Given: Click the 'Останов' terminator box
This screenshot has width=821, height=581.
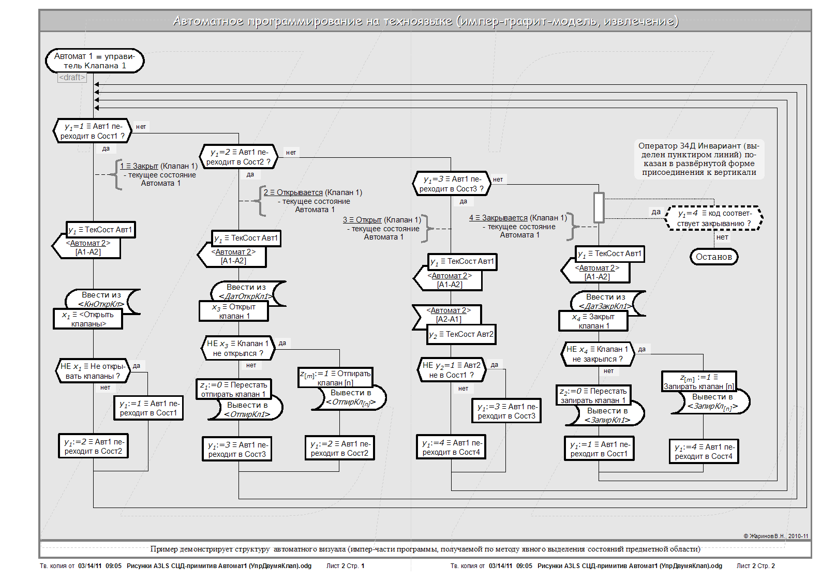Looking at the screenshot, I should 713,257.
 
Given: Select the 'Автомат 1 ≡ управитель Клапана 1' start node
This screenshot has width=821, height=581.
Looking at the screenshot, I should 95,61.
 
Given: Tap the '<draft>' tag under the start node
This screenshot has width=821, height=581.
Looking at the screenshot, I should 72,78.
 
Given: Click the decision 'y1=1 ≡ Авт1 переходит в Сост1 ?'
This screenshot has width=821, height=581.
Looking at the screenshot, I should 93,131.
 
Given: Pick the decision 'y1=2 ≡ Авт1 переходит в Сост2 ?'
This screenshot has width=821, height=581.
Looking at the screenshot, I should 238,157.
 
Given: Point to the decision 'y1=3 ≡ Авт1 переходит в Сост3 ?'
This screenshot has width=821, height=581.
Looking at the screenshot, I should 452,184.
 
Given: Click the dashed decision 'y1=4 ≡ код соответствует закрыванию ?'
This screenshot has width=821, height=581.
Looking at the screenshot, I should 714,218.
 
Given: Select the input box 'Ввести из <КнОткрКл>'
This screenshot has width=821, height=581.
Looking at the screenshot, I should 102,300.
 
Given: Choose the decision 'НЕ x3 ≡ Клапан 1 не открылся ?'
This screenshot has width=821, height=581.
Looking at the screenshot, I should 238,348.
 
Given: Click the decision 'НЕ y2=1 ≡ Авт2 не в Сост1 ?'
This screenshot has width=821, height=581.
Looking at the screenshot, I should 452,370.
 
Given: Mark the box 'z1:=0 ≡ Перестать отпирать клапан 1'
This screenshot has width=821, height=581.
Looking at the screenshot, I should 234,389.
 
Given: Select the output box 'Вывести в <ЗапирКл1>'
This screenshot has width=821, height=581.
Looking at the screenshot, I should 606,415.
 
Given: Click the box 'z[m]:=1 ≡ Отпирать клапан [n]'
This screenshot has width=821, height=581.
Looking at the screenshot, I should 336,378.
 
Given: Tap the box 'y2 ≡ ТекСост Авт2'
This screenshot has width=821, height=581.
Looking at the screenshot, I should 461,335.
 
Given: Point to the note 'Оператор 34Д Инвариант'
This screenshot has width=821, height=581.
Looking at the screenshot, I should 699,159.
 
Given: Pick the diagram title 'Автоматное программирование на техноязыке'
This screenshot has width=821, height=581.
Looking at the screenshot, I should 425,21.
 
